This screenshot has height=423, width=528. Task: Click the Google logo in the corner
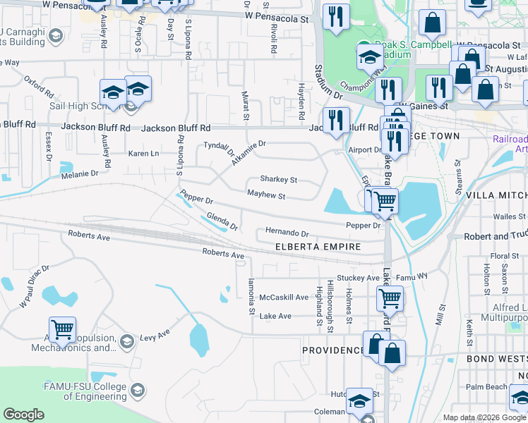coord(24,415)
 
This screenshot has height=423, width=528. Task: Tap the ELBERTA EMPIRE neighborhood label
coord(318,247)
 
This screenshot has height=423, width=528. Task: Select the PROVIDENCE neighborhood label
coord(333,350)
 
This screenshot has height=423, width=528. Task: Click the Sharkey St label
coord(279,180)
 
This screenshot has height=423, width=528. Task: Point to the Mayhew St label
coord(265,196)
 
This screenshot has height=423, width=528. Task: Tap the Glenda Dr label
coord(222,222)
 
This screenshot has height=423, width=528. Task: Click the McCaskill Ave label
coord(284,298)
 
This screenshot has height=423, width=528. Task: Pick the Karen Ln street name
coord(143,153)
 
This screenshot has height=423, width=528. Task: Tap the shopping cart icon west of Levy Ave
coord(62,329)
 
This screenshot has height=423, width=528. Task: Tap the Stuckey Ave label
coord(358,278)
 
